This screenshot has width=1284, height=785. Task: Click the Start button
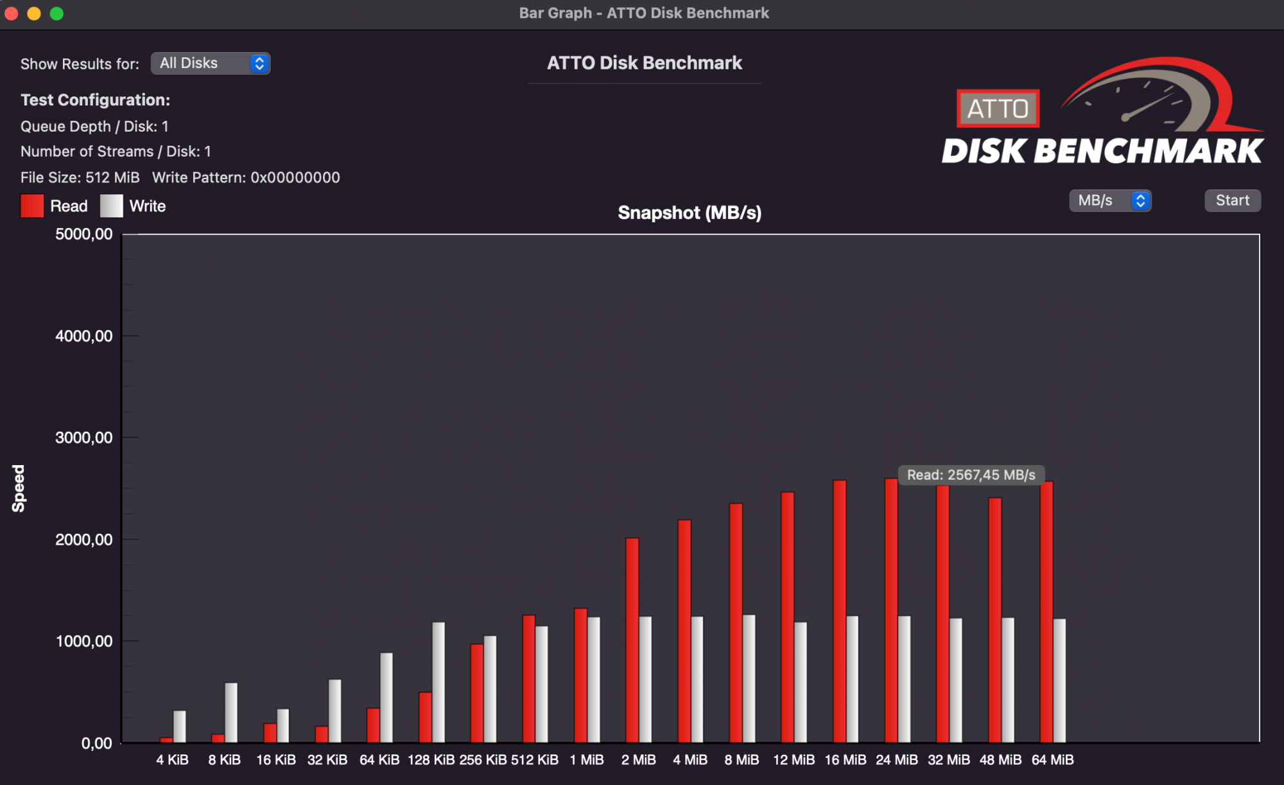tap(1232, 200)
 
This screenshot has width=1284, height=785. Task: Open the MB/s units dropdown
tap(1110, 200)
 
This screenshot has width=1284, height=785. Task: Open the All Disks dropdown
tap(211, 64)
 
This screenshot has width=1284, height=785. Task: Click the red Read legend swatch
tap(32, 206)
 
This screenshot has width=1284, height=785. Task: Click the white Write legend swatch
tap(112, 206)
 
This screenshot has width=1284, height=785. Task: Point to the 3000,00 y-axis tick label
tap(84, 437)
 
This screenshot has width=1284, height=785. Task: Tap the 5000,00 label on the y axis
tap(84, 234)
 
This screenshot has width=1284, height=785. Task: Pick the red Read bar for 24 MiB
tap(891, 610)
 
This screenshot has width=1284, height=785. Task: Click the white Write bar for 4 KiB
tap(180, 727)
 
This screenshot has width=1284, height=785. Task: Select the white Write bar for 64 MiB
tap(1059, 681)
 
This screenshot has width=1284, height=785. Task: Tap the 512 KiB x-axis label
tap(535, 760)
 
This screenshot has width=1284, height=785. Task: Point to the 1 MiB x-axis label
tap(587, 760)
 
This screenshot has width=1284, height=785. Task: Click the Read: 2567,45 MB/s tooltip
tap(971, 475)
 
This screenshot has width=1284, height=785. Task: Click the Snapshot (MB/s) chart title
tap(690, 213)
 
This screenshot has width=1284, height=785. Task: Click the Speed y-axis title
tap(19, 488)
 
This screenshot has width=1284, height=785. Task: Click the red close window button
tap(12, 13)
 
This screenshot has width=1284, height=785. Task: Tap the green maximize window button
tap(56, 13)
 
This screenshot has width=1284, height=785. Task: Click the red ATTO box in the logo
tap(998, 109)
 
